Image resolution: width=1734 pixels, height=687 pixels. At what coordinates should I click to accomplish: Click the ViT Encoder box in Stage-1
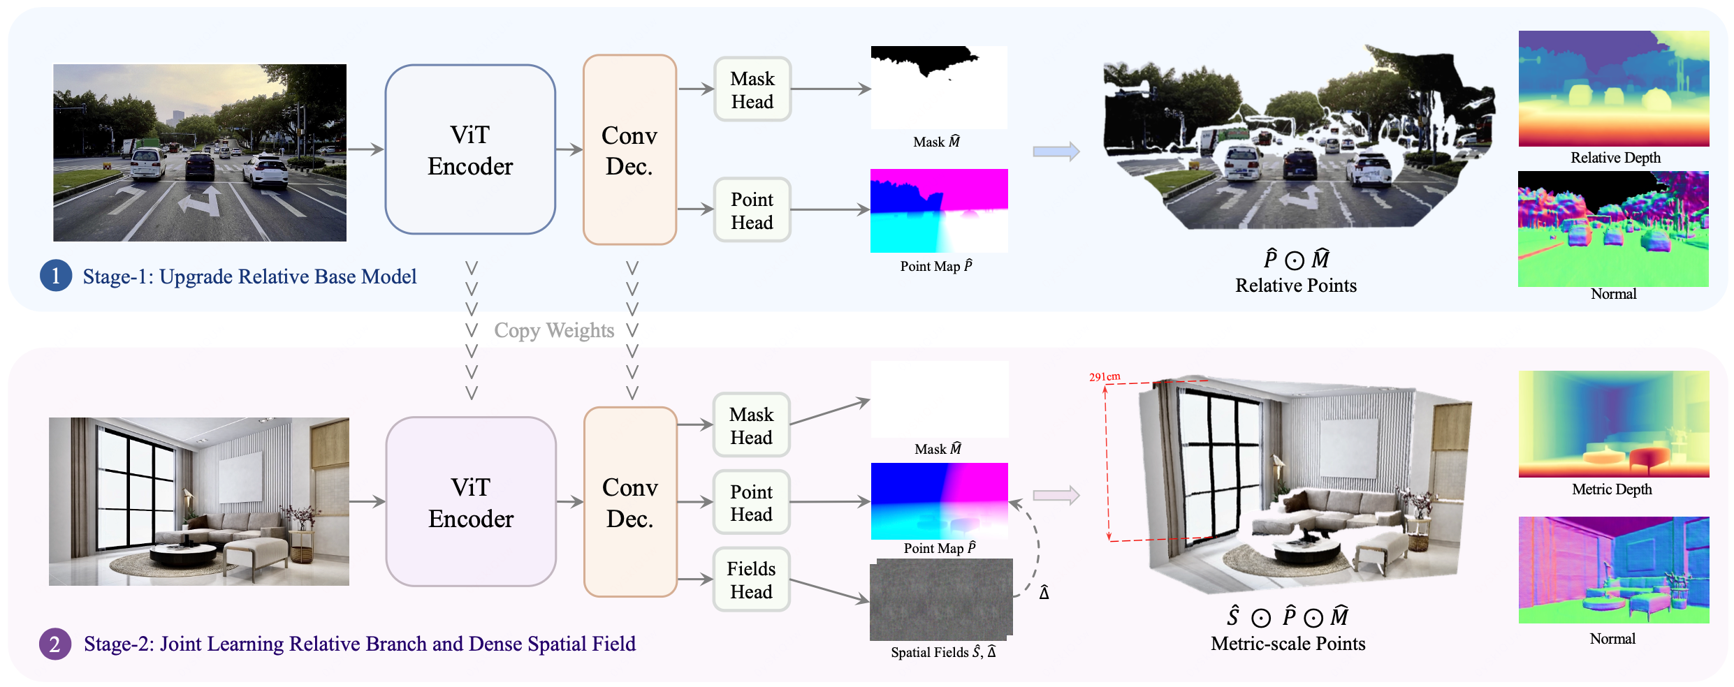click(470, 149)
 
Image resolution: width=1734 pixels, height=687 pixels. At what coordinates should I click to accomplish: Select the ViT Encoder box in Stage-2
click(471, 502)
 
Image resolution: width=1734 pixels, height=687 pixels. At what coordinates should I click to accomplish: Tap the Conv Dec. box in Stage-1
click(629, 149)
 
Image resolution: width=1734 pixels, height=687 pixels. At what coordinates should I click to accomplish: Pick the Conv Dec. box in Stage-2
click(630, 502)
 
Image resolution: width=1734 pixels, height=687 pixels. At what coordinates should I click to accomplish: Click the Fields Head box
click(751, 579)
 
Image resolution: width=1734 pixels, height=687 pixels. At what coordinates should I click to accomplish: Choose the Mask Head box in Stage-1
click(752, 89)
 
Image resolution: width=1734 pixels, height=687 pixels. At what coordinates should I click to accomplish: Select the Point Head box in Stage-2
click(751, 502)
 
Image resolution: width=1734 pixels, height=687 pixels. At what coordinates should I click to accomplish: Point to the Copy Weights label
click(554, 330)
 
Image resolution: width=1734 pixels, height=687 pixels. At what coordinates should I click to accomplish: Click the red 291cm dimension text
click(1105, 376)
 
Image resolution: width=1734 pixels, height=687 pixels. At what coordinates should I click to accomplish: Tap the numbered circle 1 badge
click(56, 276)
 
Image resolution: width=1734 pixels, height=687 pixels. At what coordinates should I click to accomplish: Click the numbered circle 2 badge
click(55, 644)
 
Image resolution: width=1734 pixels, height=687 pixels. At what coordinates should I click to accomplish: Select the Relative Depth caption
click(1615, 158)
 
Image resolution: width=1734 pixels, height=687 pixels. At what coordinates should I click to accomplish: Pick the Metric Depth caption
click(1612, 489)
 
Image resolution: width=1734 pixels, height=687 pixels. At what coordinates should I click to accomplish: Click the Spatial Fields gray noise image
click(941, 599)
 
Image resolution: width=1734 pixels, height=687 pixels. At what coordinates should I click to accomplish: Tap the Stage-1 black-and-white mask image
click(939, 87)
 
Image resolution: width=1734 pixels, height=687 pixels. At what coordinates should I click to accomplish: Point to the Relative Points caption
click(1296, 286)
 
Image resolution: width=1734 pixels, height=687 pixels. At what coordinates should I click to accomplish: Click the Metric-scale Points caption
click(1288, 644)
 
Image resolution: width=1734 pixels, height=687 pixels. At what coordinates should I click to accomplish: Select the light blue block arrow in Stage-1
click(1056, 151)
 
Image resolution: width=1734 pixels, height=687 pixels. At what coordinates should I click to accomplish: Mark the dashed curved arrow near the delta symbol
click(1035, 545)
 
